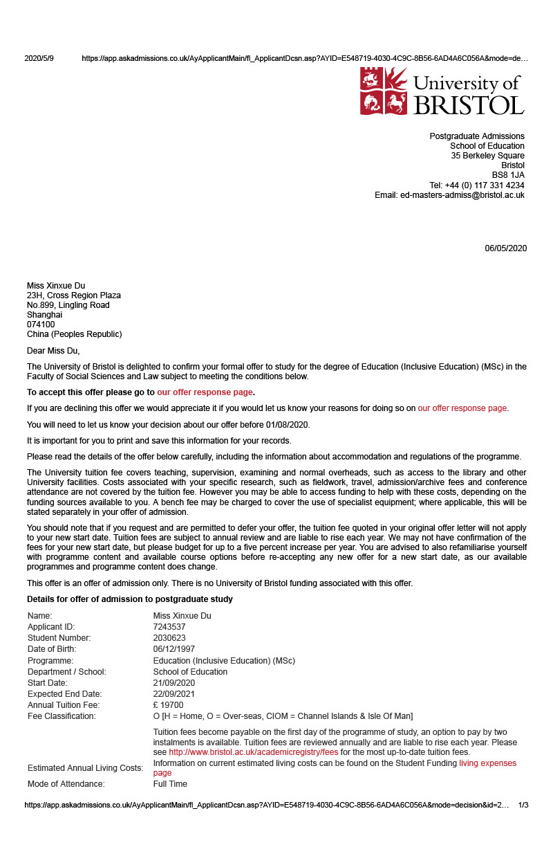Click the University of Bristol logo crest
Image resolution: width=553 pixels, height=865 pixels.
click(384, 91)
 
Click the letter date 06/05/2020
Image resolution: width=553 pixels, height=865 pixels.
click(505, 248)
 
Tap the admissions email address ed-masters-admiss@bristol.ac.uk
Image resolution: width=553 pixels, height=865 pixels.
click(462, 195)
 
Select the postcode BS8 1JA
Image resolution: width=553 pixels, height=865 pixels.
click(508, 175)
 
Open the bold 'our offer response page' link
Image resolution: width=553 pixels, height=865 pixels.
click(205, 392)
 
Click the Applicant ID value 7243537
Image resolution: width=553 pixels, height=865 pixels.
click(169, 627)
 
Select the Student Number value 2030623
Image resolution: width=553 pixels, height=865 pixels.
click(169, 638)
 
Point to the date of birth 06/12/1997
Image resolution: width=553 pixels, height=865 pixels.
click(174, 649)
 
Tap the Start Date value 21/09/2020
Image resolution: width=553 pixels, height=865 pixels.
click(174, 683)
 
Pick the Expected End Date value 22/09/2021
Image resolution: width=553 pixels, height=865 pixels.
click(174, 694)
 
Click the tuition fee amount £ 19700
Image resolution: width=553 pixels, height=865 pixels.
click(168, 705)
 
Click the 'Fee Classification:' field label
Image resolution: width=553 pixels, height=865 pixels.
click(62, 716)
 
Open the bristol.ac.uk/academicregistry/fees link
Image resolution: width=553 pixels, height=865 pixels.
click(254, 752)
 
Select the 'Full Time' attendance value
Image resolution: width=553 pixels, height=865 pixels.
click(170, 784)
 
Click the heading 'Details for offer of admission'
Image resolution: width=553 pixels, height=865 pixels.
click(130, 599)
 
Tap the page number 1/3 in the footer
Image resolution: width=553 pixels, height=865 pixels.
click(523, 805)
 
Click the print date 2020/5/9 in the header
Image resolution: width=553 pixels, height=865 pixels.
click(39, 59)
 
